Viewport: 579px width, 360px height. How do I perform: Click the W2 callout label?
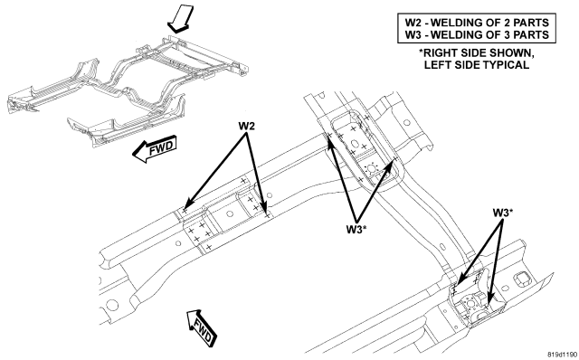(246, 127)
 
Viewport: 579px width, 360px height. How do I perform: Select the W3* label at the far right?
(503, 213)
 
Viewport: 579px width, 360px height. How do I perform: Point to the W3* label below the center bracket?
(356, 229)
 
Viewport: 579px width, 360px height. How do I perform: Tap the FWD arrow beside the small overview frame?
(155, 149)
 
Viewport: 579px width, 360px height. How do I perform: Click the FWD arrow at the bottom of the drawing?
(202, 327)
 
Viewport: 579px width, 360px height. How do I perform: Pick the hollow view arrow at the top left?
(181, 19)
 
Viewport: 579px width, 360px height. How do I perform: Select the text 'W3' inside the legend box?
(413, 34)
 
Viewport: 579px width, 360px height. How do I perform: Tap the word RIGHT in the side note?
(440, 53)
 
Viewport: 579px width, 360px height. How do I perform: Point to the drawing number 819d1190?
(563, 355)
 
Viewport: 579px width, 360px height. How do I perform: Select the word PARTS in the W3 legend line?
(532, 34)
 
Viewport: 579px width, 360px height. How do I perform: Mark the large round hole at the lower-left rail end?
(110, 306)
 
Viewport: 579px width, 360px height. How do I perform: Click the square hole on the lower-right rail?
(521, 279)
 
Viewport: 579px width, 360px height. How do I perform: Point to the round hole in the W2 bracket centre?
(230, 213)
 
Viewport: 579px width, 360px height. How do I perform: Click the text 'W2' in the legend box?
(413, 23)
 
